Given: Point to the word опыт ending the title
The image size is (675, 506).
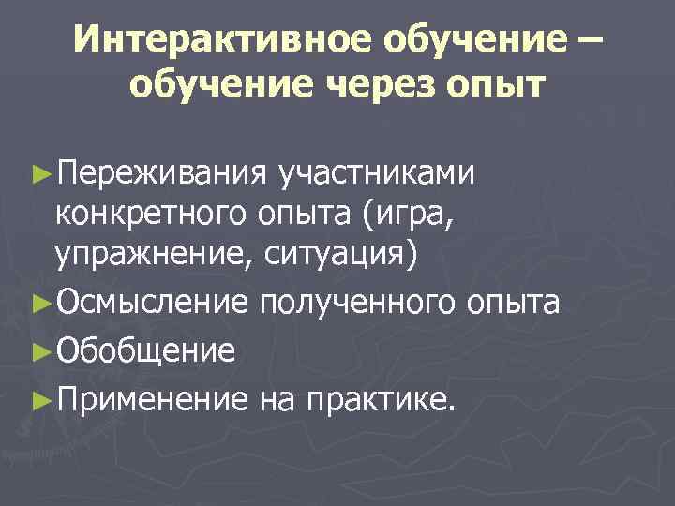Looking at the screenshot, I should coord(499,87).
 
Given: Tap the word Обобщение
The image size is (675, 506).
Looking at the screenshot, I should coord(145,350).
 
